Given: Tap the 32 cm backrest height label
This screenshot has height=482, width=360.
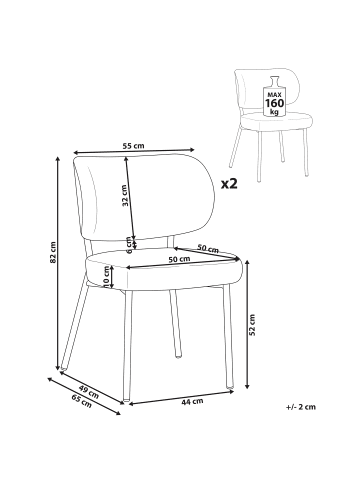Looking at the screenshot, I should (x=126, y=194).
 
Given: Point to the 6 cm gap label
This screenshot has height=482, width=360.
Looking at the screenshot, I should (x=129, y=243).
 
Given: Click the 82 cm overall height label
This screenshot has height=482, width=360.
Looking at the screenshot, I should (x=53, y=259).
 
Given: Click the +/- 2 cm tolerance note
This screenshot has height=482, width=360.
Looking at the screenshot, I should (x=301, y=406).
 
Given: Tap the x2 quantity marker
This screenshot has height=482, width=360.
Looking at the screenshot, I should (x=229, y=183).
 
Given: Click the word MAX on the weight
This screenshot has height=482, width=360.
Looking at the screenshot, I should (x=273, y=91).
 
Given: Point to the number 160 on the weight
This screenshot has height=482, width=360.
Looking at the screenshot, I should (x=273, y=101).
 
